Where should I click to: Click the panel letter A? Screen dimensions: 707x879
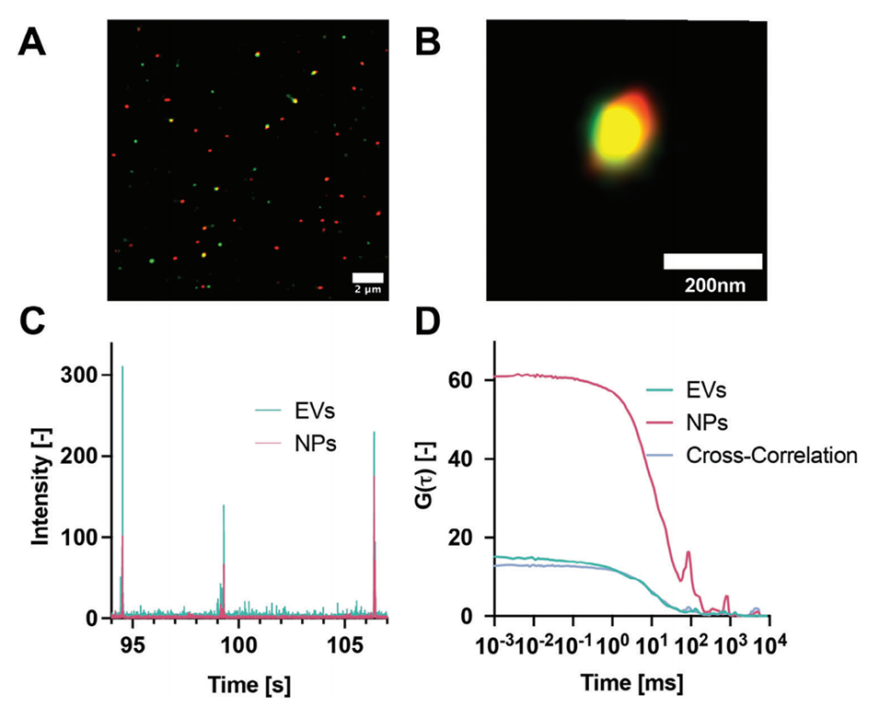click(33, 41)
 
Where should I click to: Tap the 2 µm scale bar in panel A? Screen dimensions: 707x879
click(368, 277)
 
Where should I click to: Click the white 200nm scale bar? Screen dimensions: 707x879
click(712, 261)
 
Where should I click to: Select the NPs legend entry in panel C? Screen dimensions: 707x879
click(295, 442)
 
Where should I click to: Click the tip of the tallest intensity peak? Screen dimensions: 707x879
click(122, 366)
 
